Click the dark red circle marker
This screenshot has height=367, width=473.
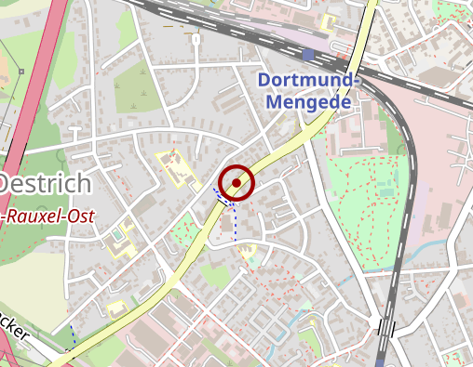[x=237, y=183]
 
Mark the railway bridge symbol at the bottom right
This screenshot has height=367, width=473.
[x=385, y=328]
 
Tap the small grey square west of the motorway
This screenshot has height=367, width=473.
[x=21, y=71]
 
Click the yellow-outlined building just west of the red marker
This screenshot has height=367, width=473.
[x=174, y=168]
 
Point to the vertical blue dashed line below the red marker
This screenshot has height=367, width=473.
[x=235, y=223]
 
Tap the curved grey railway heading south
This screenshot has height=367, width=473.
[x=406, y=214]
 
